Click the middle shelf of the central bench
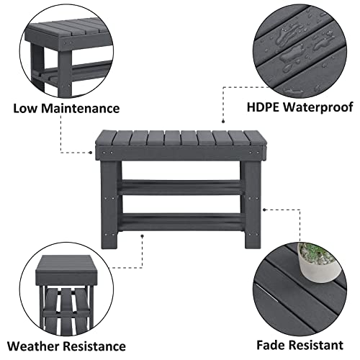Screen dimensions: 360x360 [x=179, y=185]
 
